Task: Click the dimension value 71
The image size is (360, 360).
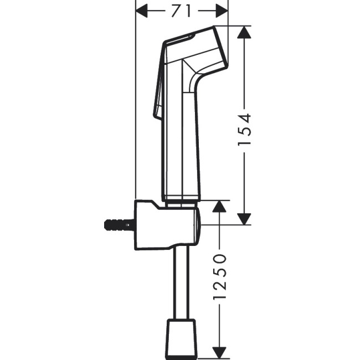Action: point(182,11)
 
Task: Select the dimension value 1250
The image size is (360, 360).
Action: point(220,277)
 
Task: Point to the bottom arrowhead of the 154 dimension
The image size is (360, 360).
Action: point(244,218)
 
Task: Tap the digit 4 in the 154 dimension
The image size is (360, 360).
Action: point(244,117)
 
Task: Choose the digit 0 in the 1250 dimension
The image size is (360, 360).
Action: point(220,259)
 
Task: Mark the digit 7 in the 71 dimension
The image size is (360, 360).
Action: point(177,11)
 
